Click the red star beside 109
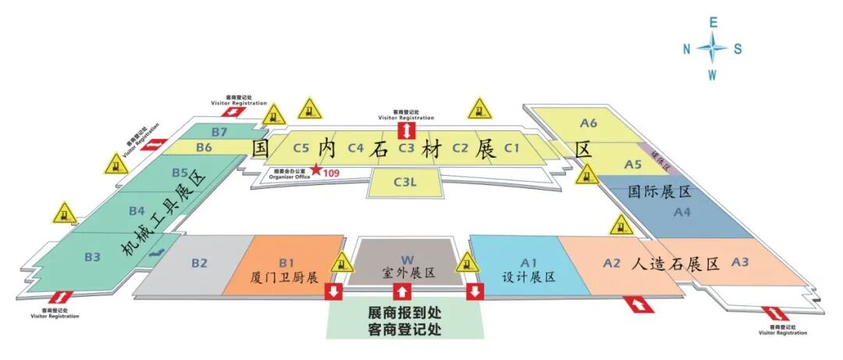click(x=315, y=169)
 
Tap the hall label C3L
click(x=406, y=184)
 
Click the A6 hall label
click(x=589, y=123)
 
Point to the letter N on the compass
click(x=687, y=49)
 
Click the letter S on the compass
click(x=738, y=49)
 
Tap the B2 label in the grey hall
click(x=200, y=263)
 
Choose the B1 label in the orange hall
click(x=286, y=262)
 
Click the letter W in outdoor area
click(x=407, y=259)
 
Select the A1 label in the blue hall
click(x=530, y=262)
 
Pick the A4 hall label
click(x=682, y=212)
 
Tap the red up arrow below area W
click(x=401, y=292)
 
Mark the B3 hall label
click(x=93, y=255)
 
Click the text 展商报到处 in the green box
click(x=405, y=312)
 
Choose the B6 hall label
click(x=205, y=147)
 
